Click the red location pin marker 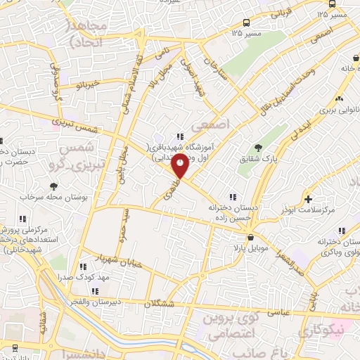click(x=181, y=167)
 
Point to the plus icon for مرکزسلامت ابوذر click(x=308, y=200)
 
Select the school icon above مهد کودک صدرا click(x=84, y=266)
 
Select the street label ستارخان click(x=212, y=70)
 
